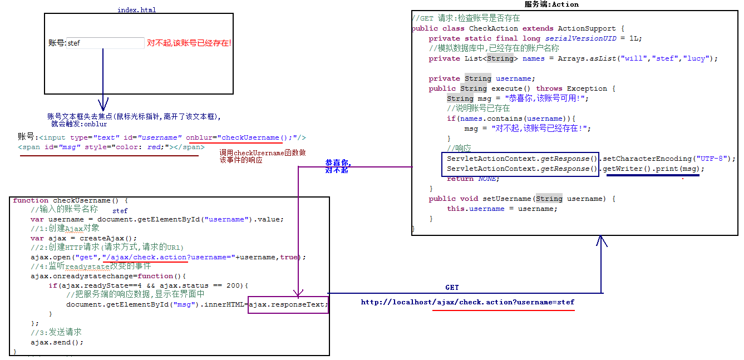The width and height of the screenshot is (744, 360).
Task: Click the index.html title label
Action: tap(137, 10)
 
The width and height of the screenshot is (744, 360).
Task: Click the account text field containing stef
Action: tap(105, 43)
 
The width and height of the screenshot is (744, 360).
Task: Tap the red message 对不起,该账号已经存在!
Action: tap(189, 43)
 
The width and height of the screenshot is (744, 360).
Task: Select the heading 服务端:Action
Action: tap(551, 4)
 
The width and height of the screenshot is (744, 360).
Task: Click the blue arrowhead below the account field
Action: tap(103, 105)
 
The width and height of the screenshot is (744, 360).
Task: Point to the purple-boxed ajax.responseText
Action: tap(288, 304)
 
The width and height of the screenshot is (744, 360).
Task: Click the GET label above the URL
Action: tap(452, 288)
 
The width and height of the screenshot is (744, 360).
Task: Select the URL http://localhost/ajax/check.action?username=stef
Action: tap(467, 302)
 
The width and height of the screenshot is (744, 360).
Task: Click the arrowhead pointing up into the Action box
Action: tap(602, 240)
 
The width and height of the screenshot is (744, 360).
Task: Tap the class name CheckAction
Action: tap(494, 28)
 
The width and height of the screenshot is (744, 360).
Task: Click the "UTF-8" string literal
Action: tap(712, 159)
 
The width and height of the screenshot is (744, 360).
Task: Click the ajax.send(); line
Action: tap(57, 342)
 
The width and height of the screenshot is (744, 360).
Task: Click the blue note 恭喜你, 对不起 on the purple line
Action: tap(338, 166)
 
